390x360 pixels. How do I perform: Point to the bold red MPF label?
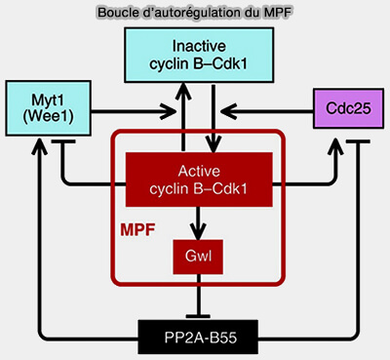point(136,234)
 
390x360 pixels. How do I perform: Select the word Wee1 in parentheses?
point(43,119)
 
